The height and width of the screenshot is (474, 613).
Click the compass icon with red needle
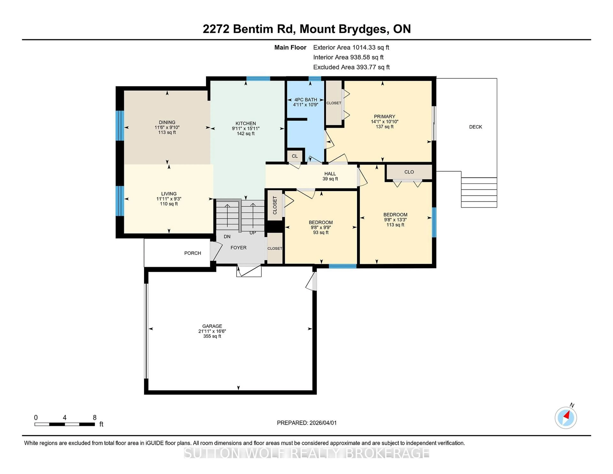tap(566, 418)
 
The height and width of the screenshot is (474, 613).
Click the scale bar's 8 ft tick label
tap(95, 418)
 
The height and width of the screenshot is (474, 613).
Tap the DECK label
tap(475, 127)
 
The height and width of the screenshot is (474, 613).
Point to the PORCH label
tap(193, 253)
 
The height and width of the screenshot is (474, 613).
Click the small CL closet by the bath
tap(294, 156)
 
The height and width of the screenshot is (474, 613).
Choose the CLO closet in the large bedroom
tap(409, 172)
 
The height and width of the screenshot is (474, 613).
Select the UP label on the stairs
tap(253, 233)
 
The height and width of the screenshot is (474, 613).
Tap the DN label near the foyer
tap(227, 236)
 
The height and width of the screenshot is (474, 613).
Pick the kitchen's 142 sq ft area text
tap(246, 134)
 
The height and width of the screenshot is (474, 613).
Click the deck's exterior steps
tap(479, 193)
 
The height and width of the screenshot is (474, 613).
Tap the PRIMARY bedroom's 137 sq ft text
tap(385, 127)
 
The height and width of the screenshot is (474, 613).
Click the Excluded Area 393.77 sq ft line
tap(351, 67)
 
